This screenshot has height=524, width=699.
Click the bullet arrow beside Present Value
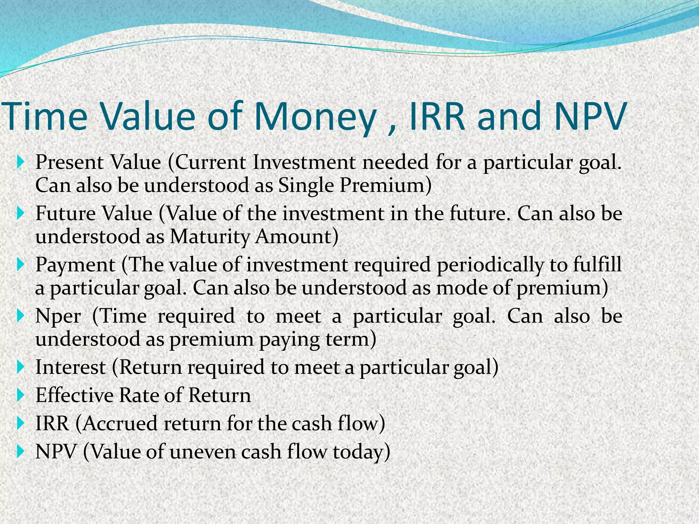(20, 162)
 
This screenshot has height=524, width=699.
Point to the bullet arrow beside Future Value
(20, 214)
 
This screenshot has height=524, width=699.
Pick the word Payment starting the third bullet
(75, 265)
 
